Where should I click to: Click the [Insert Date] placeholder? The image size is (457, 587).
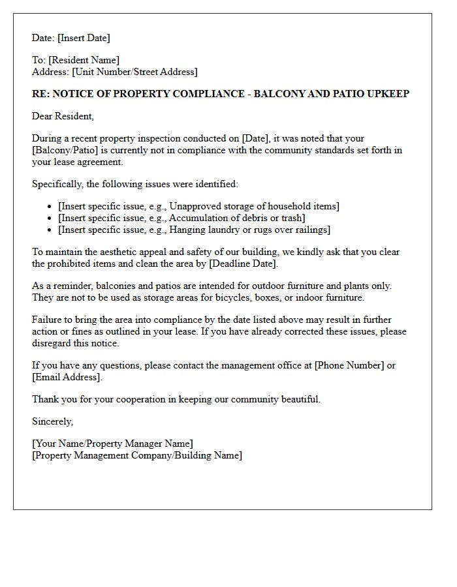tap(84, 38)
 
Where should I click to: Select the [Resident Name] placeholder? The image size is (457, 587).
tap(84, 60)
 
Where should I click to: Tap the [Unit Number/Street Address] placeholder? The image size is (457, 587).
tap(134, 72)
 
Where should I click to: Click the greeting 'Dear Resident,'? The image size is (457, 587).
tap(63, 116)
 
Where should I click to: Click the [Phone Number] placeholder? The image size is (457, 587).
tap(349, 365)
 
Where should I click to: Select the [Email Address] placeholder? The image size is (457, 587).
tap(67, 377)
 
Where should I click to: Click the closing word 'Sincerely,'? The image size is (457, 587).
tap(53, 421)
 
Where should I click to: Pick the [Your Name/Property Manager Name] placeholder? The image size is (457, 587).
tap(112, 444)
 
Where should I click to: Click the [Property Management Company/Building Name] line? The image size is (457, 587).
tap(137, 455)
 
